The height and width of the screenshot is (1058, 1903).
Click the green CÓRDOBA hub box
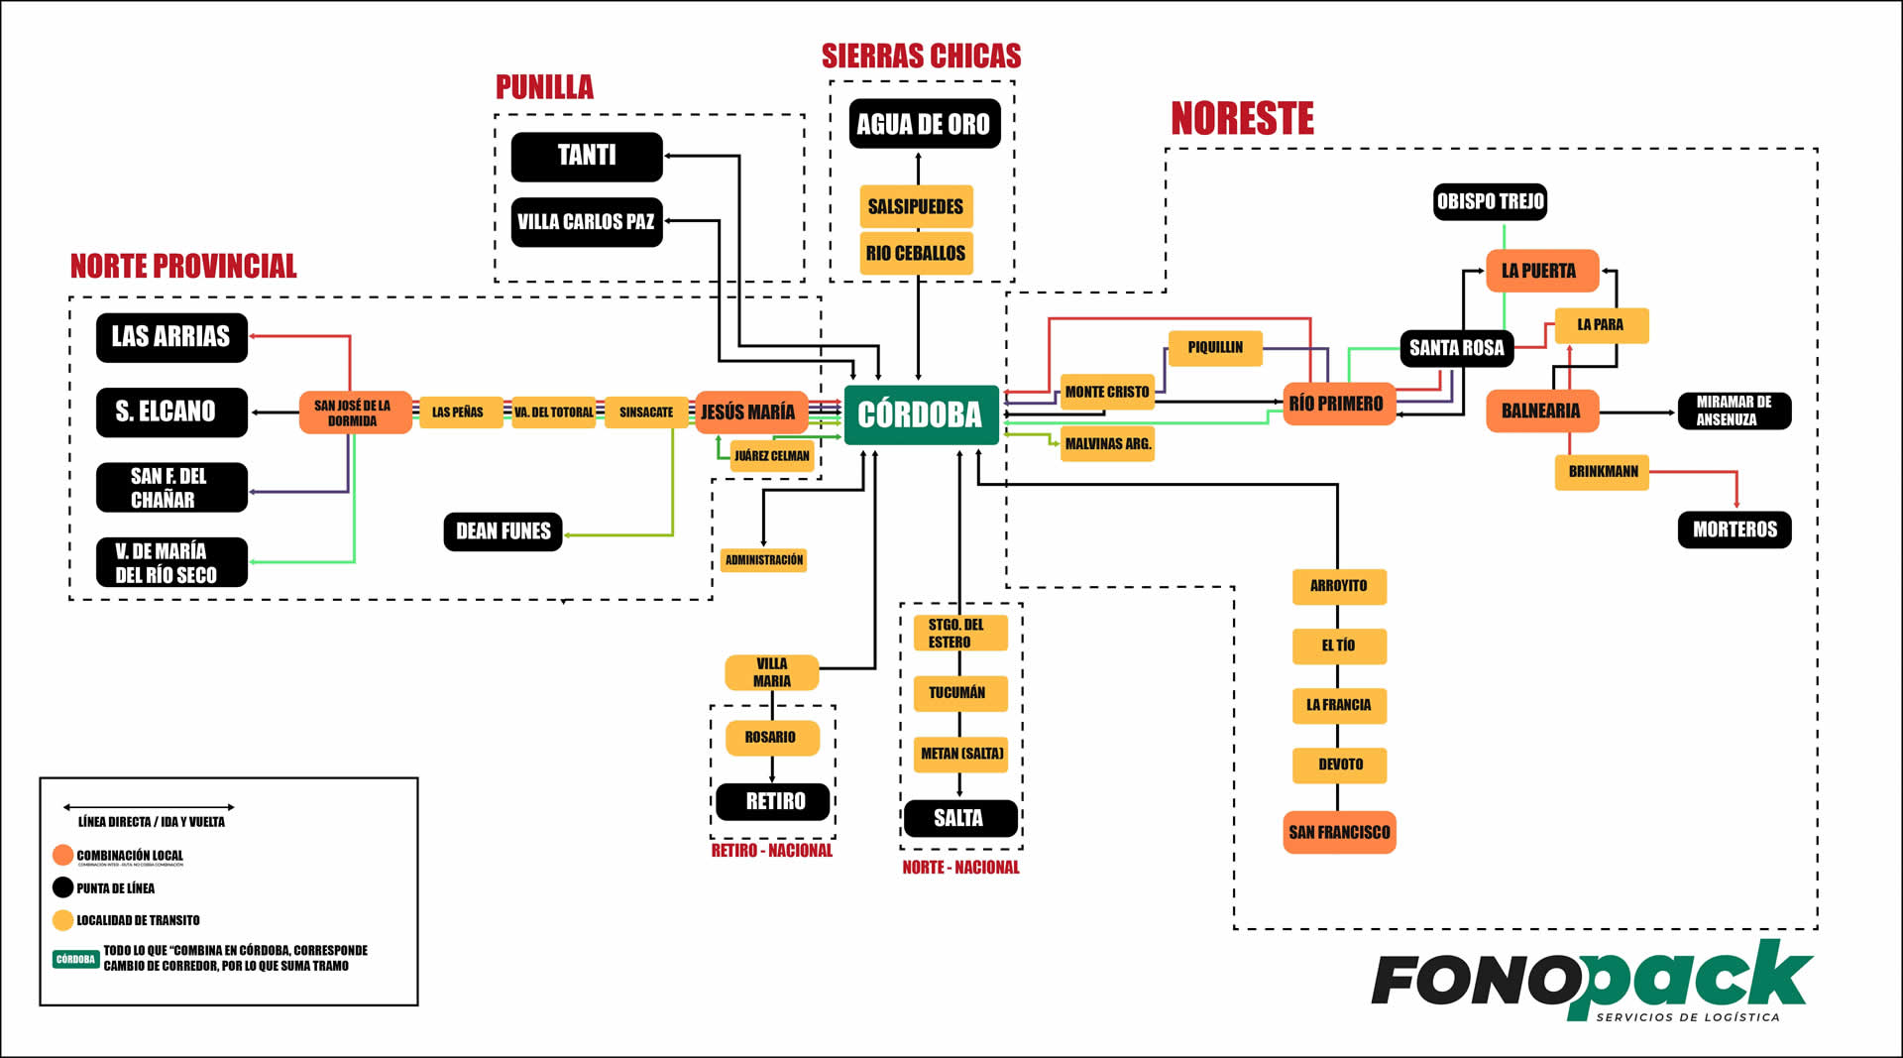click(x=921, y=414)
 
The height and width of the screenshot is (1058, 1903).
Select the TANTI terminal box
click(x=587, y=156)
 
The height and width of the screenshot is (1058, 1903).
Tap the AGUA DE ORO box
click(x=924, y=124)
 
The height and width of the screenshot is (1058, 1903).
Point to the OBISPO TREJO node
click(x=1490, y=201)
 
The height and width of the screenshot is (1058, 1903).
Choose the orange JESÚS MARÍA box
click(x=749, y=411)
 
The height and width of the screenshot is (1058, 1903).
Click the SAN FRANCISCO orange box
click(x=1339, y=832)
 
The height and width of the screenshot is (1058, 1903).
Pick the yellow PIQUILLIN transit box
click(x=1215, y=347)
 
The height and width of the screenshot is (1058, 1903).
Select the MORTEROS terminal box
click(x=1735, y=529)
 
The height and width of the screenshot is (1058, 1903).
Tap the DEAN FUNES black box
click(x=503, y=531)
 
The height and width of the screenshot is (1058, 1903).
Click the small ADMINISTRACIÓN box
click(x=763, y=560)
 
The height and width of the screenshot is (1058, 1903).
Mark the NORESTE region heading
click(x=1242, y=119)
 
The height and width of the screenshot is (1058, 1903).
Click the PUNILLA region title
click(x=544, y=87)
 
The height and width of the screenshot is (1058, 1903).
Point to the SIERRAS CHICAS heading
click(x=921, y=56)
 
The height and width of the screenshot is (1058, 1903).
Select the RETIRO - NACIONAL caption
click(x=772, y=851)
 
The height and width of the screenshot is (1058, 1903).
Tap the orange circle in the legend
click(x=62, y=855)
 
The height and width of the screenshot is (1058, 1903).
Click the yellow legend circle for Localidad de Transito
click(x=62, y=920)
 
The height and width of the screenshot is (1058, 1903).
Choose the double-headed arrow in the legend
click(x=149, y=807)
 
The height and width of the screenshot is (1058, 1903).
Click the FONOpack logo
click(x=1591, y=982)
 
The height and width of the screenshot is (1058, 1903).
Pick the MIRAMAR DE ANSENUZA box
click(x=1734, y=411)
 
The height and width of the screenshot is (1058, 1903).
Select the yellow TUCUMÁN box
click(x=958, y=693)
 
